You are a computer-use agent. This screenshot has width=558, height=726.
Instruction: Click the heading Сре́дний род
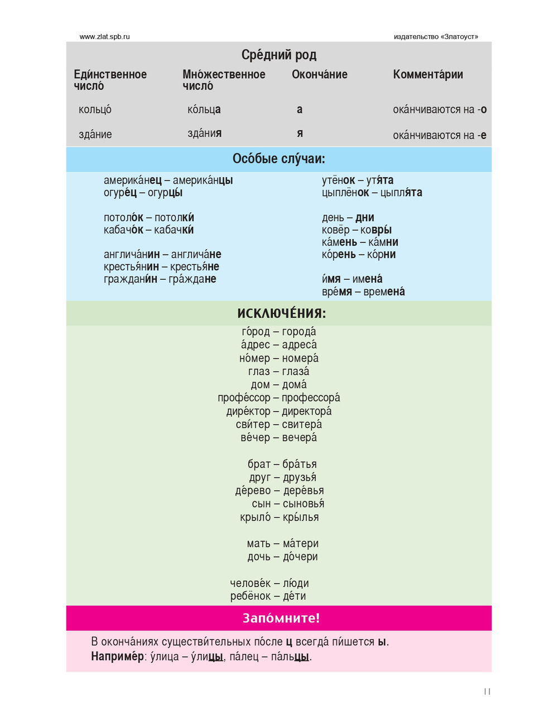point(279,55)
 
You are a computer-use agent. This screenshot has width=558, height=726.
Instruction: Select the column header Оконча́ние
point(319,74)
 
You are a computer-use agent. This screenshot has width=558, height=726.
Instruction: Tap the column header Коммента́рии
point(427,74)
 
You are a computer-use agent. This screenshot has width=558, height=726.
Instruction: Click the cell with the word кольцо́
point(95,109)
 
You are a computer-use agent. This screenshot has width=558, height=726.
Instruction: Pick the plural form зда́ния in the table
point(204,133)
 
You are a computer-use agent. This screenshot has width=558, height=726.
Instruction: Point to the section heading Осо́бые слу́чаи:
point(278,159)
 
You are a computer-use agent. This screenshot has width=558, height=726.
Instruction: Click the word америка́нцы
point(203,180)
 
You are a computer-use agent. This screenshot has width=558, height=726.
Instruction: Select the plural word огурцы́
point(165,193)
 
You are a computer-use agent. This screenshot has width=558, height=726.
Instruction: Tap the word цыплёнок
point(345,193)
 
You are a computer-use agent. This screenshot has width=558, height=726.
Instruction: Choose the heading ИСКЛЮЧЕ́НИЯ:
point(281,313)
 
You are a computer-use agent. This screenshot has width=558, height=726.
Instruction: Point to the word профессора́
point(311,398)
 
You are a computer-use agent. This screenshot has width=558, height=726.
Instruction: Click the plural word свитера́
point(302,424)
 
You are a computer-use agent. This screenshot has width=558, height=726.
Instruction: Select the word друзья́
point(300,477)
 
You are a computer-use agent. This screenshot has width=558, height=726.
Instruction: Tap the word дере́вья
point(304,491)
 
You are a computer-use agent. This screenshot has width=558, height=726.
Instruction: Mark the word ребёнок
point(251,596)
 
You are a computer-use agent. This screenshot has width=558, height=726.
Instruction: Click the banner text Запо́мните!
point(281,618)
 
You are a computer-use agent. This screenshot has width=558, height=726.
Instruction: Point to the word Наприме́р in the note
point(117,657)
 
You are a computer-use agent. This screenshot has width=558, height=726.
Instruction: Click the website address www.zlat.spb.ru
point(105,37)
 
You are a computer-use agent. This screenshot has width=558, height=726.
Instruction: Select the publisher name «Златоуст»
point(459,37)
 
